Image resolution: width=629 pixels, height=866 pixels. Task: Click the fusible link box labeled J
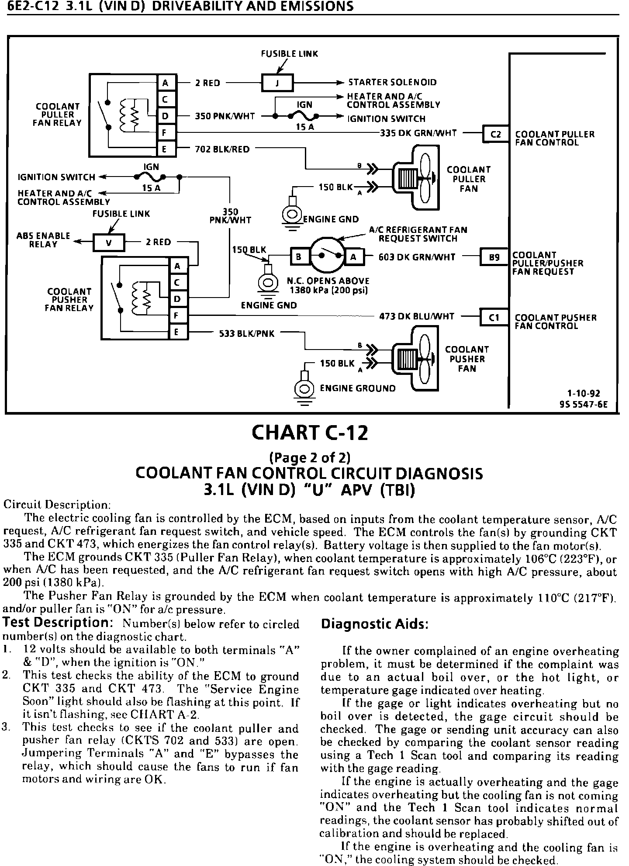click(x=277, y=83)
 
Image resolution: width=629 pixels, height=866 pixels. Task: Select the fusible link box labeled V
click(x=109, y=243)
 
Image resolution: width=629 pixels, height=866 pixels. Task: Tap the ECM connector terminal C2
click(x=496, y=135)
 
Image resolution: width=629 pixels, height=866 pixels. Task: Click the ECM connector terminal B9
click(x=494, y=257)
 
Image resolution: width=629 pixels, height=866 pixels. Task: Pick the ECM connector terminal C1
click(x=494, y=318)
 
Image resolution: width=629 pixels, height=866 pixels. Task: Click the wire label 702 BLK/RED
click(x=222, y=149)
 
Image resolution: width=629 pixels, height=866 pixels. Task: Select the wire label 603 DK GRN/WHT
click(x=417, y=257)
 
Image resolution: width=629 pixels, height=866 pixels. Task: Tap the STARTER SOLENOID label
click(x=392, y=83)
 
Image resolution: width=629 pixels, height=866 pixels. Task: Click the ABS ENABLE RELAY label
click(x=43, y=240)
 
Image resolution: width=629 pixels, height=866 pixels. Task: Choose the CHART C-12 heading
click(x=310, y=433)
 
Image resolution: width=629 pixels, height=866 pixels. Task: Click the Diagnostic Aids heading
click(x=374, y=624)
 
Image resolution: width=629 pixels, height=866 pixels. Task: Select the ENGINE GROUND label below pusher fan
click(x=358, y=388)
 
